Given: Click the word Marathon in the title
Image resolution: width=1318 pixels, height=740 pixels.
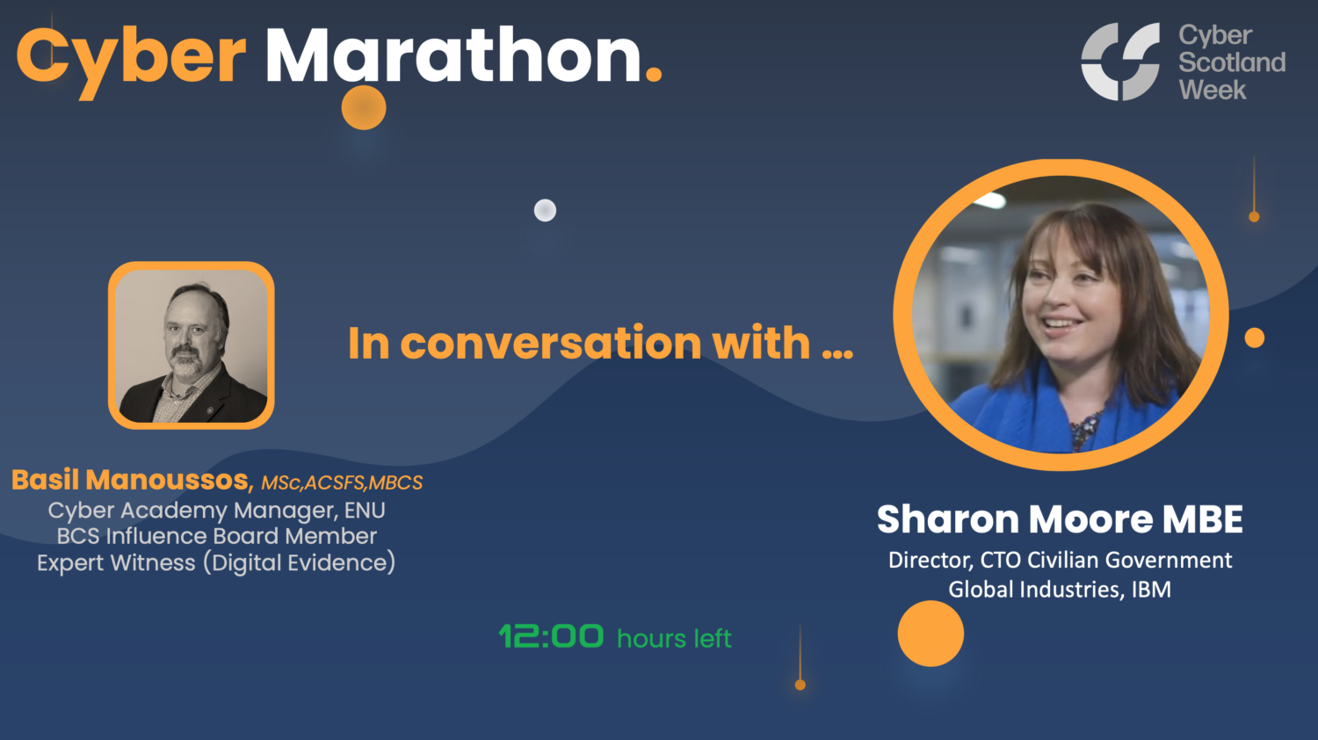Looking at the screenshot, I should [453, 56].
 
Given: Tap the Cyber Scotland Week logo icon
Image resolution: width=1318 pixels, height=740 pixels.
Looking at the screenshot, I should [1120, 62].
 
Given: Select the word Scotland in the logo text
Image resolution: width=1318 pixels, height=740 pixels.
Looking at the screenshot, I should [1232, 62].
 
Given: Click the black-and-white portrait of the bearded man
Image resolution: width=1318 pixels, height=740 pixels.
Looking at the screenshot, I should [192, 345].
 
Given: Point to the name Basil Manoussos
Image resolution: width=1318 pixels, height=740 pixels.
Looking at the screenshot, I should [132, 480].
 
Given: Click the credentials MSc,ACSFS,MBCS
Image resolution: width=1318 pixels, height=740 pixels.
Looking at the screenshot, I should [342, 482].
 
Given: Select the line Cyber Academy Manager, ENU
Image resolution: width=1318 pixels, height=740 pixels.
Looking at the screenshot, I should [216, 511].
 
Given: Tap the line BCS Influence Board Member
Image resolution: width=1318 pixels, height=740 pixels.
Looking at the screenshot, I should [216, 536].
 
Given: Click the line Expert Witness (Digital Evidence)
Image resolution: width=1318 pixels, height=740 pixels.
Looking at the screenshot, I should [216, 562].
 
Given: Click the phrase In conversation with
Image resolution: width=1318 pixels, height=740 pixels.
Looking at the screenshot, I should [600, 343].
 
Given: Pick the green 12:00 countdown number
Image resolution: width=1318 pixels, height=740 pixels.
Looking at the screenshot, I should [551, 636].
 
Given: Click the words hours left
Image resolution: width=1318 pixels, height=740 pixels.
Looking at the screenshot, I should [674, 638].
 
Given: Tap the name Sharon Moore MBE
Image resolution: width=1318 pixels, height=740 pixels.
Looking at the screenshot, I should [1060, 519].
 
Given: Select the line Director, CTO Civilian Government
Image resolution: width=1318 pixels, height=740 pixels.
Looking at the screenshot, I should [1060, 560].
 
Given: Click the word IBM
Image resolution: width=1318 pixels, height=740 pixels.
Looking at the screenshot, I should [1151, 589].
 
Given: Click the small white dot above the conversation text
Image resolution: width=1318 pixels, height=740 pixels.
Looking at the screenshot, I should [545, 211].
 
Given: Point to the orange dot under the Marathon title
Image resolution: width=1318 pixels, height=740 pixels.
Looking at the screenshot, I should [364, 107].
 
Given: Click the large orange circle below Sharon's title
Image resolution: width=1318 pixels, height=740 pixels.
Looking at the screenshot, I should [931, 634].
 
